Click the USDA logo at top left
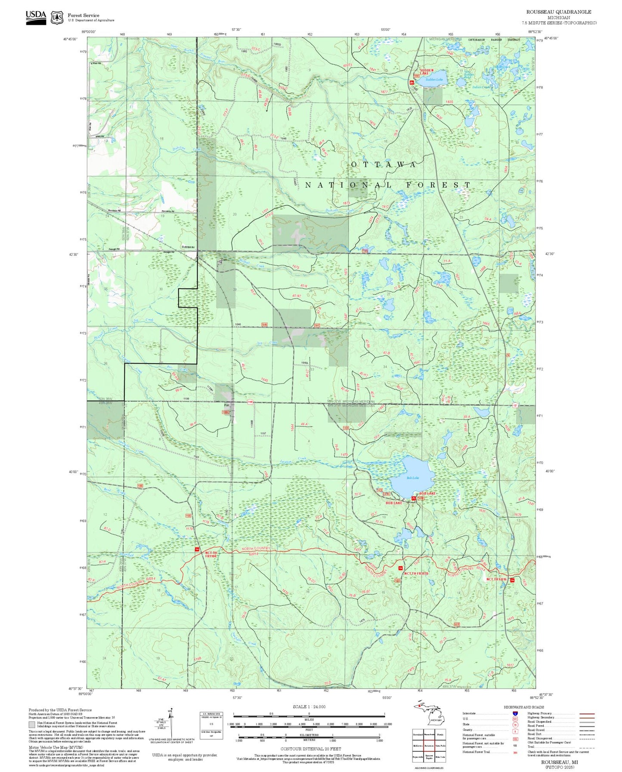click(x=36, y=16)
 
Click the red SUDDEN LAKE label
click(x=426, y=71)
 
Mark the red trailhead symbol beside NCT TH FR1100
click(x=197, y=550)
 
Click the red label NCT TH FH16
click(x=497, y=579)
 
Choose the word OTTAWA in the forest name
click(x=384, y=164)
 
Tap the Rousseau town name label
click(x=189, y=247)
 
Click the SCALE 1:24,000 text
click(x=309, y=707)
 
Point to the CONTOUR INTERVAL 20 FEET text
click(x=310, y=749)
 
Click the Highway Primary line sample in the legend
click(x=587, y=713)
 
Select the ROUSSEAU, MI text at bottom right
click(x=559, y=762)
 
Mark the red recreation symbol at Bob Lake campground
click(x=414, y=498)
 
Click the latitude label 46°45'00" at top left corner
click(x=70, y=39)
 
